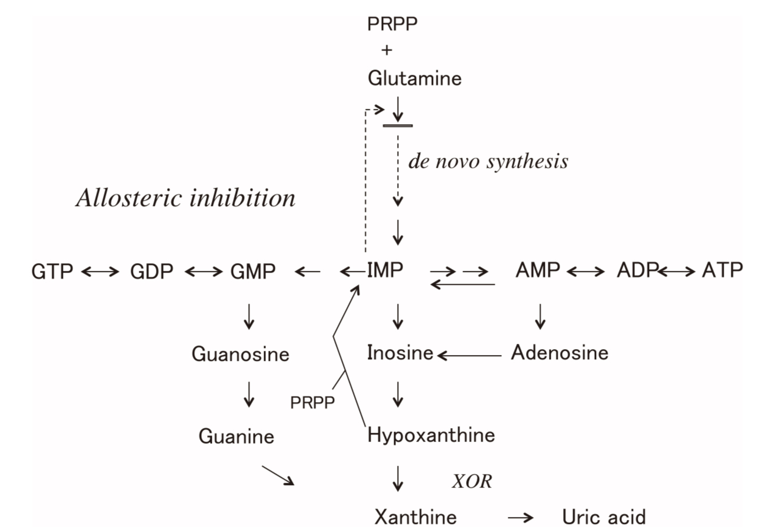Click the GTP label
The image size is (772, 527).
[x=52, y=271]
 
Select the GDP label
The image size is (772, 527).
[x=152, y=271]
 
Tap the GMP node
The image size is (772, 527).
[x=253, y=271]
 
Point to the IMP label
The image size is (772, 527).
[x=385, y=270]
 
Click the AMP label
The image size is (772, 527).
[x=538, y=270]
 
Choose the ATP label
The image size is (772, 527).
[x=723, y=270]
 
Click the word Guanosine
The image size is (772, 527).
[x=241, y=354]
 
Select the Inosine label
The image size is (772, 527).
[x=400, y=353]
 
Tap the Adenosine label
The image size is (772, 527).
[x=560, y=353]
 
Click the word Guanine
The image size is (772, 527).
[x=237, y=436]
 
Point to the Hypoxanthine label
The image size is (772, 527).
[x=431, y=436]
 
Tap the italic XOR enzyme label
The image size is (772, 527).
[x=471, y=482]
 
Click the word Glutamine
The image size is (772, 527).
[x=415, y=78]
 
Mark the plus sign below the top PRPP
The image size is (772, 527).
[x=386, y=51]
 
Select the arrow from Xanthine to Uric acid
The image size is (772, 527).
[x=520, y=518]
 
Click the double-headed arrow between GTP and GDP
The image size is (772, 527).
[x=102, y=271]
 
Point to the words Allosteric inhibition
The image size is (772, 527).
[x=186, y=198]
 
